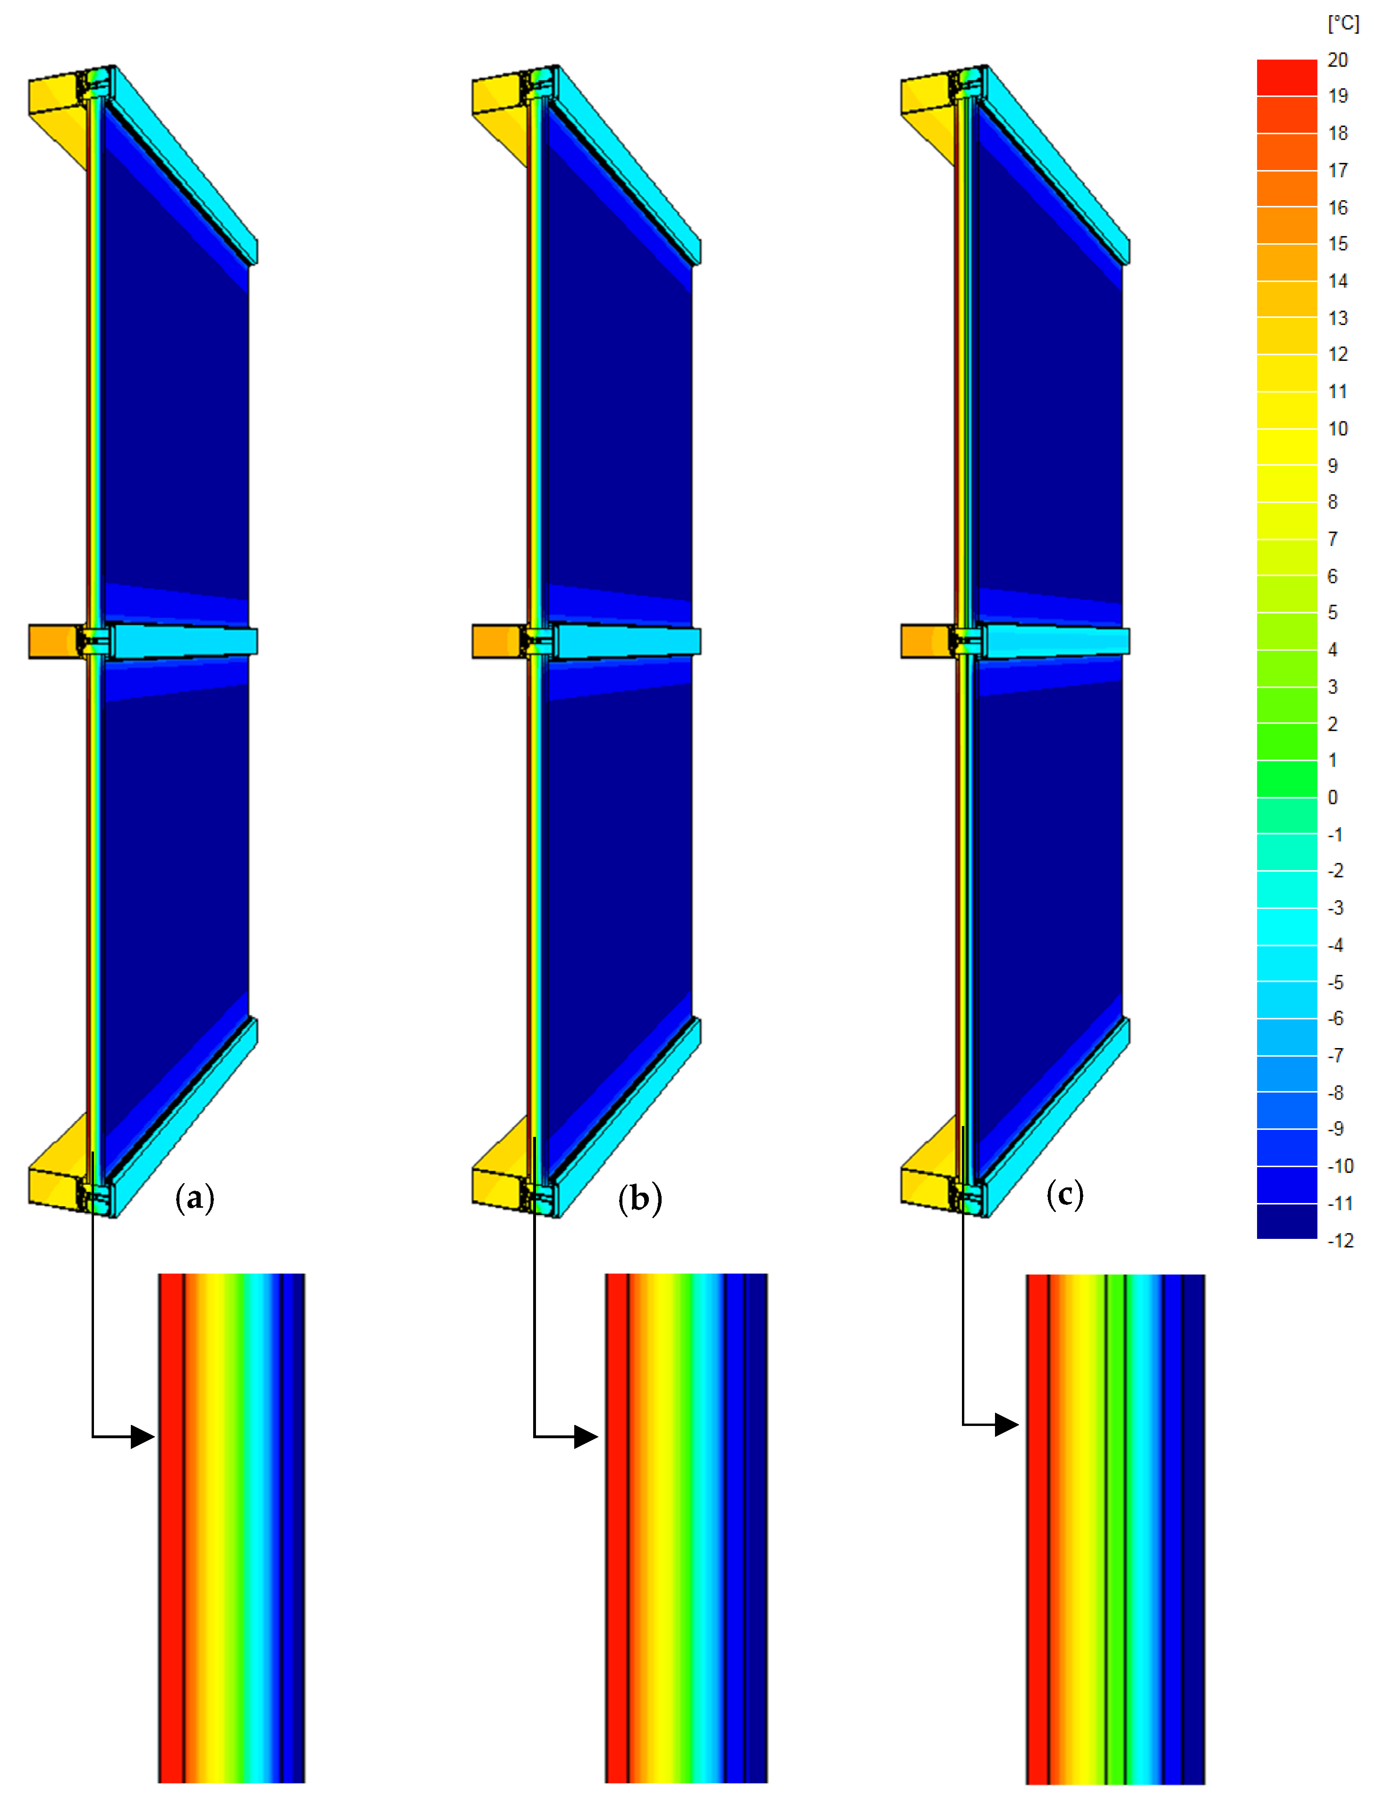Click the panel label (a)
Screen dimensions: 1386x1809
pos(195,1197)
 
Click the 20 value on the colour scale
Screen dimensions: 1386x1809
pos(1337,60)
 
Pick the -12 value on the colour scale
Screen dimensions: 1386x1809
pos(1341,1240)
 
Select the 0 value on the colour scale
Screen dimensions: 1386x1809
pos(1332,797)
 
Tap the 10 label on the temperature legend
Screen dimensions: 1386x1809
pos(1337,428)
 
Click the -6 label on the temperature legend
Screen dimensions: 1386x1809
pos(1335,1018)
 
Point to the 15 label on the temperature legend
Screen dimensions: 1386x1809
pos(1337,243)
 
